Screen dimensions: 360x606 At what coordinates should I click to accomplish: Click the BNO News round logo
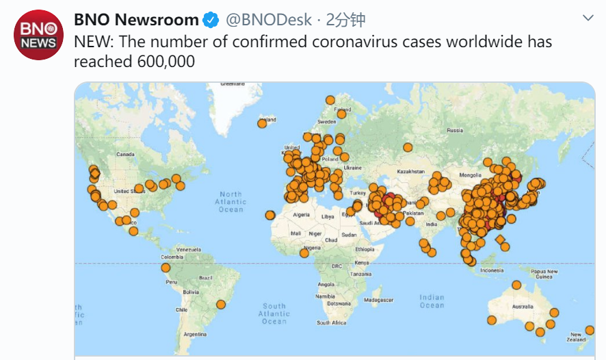click(x=38, y=36)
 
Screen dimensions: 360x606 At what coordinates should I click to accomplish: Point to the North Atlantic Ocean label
click(x=230, y=202)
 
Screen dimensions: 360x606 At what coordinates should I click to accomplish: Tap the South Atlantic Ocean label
click(x=274, y=313)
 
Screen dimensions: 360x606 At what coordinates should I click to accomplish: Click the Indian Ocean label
click(x=432, y=301)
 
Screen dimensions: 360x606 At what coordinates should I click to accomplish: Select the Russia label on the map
click(x=454, y=130)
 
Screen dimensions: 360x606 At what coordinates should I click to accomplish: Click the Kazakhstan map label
click(x=411, y=171)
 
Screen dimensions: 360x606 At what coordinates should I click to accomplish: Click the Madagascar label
click(x=378, y=300)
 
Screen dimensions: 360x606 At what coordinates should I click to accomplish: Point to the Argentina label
click(x=195, y=334)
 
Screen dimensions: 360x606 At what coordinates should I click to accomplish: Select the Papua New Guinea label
click(x=543, y=274)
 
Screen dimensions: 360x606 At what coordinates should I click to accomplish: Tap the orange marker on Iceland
click(x=262, y=123)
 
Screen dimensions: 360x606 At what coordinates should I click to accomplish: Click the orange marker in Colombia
click(x=166, y=268)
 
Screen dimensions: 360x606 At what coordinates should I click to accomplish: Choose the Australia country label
click(x=523, y=306)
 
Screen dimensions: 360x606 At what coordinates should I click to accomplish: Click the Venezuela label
click(x=188, y=250)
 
